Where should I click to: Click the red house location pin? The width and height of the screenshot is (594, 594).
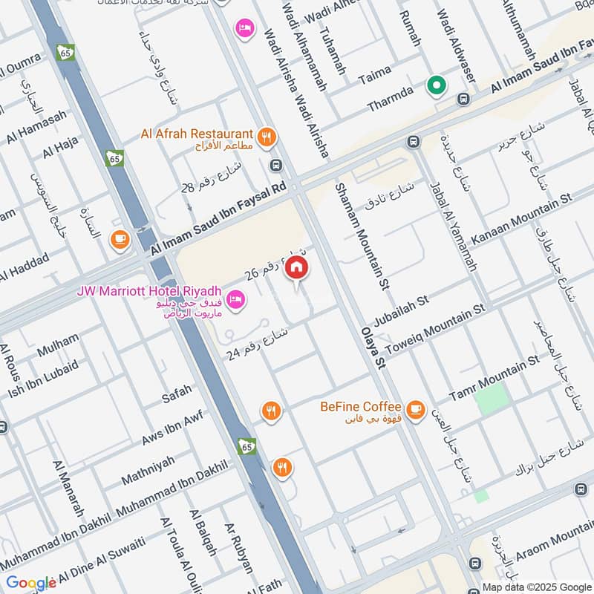[x=297, y=268]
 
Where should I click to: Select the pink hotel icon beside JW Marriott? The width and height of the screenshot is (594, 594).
[x=237, y=300]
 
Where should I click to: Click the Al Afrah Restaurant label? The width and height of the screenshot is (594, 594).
[x=196, y=134]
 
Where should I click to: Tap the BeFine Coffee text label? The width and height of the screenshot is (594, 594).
[x=361, y=407]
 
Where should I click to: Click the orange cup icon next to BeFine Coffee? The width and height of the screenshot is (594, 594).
[x=415, y=408]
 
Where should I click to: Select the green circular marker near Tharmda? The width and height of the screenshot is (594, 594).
[x=437, y=86]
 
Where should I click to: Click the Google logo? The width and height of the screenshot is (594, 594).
[x=31, y=583]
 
